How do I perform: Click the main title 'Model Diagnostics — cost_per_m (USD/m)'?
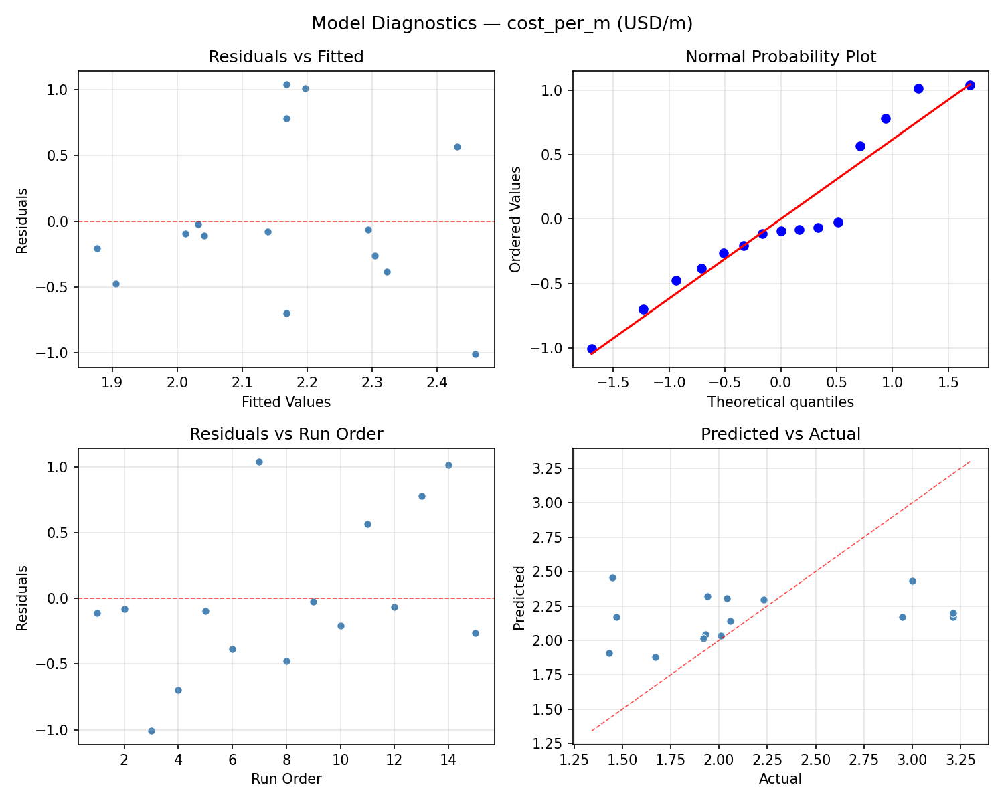click(502, 24)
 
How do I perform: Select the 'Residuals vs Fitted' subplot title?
click(286, 57)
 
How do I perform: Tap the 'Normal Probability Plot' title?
click(780, 57)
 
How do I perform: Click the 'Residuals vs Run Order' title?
click(286, 434)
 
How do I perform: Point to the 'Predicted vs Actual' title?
click(780, 434)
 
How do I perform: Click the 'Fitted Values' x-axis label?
click(286, 402)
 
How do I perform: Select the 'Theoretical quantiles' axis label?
click(780, 402)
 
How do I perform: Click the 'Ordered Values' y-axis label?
click(515, 219)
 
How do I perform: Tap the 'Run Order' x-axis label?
click(286, 779)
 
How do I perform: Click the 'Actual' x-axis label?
click(780, 779)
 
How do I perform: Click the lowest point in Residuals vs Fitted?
click(475, 354)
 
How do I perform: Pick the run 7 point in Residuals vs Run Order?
click(259, 462)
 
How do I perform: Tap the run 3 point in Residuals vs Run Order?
click(151, 731)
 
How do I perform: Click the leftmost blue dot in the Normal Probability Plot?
click(592, 349)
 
